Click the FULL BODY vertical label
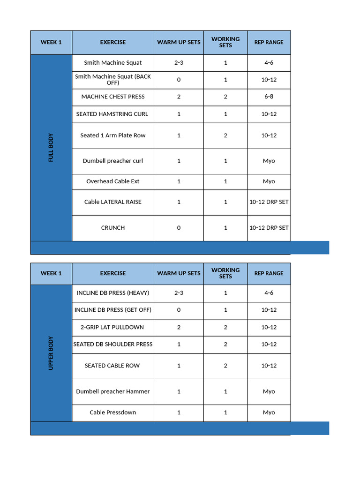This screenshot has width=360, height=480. coord(51,148)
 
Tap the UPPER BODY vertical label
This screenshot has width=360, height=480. coord(51,353)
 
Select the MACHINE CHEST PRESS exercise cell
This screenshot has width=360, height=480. coord(113,97)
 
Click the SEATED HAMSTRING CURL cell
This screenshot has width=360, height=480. coord(112,114)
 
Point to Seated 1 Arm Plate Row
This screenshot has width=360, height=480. coord(113,135)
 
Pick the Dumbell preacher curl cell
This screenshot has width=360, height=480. coord(113,161)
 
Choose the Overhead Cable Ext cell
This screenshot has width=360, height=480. coord(113,181)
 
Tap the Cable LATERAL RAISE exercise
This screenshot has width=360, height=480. coord(113,202)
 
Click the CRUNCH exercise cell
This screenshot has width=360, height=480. coord(113,228)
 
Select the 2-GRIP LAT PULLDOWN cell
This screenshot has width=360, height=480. coord(113,327)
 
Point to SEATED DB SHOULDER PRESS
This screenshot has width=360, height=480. coord(113,344)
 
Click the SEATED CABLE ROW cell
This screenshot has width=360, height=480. coord(112,366)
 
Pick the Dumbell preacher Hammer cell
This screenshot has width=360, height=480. coord(113,391)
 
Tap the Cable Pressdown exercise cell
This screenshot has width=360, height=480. coord(113,412)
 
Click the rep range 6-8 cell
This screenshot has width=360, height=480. coord(269,97)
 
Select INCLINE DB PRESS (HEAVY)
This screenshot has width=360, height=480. coord(113,293)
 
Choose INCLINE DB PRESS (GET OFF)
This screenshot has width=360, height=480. coord(113,310)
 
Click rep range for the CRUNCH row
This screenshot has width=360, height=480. coord(269,228)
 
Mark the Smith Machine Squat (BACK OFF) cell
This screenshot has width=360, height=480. coord(113,79)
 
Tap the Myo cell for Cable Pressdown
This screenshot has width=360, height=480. coord(269,412)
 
